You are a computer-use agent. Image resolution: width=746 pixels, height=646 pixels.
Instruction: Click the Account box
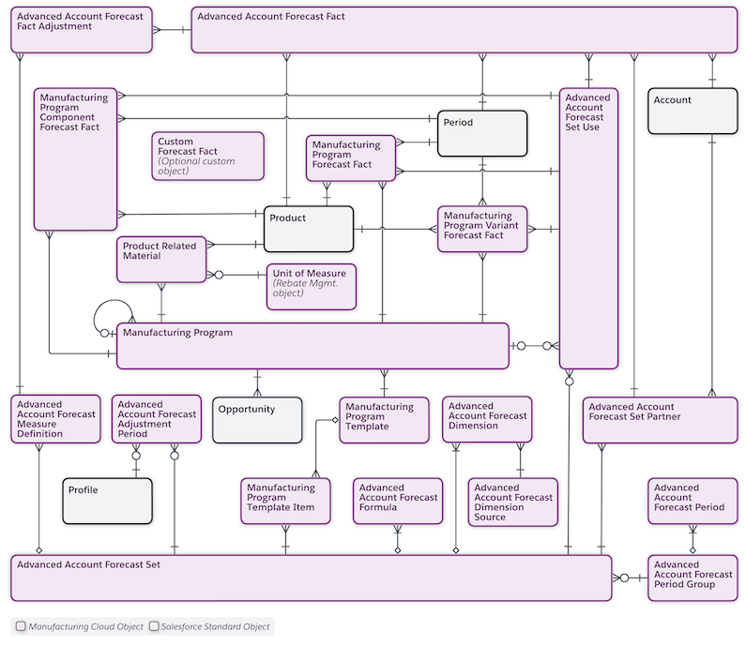click(693, 111)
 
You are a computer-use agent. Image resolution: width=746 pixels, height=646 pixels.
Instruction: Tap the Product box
click(308, 229)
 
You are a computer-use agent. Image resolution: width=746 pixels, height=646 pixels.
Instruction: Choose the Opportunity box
click(257, 419)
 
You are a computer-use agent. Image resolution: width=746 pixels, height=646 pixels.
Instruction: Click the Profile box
click(107, 501)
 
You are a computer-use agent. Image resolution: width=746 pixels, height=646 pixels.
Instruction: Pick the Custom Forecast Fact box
click(207, 156)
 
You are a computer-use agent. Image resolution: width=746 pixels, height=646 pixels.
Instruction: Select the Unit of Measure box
click(312, 286)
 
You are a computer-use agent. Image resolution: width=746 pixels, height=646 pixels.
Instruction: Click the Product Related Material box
click(160, 259)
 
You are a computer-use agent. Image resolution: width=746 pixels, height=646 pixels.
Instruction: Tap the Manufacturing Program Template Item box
click(287, 501)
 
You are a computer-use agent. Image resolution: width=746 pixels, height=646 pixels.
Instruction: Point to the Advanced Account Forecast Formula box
click(398, 501)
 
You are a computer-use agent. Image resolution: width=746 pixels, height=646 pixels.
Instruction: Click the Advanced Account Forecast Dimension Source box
click(512, 502)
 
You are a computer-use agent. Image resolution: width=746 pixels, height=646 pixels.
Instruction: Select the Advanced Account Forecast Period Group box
click(693, 578)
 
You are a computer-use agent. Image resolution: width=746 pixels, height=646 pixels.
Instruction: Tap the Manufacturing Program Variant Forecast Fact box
click(482, 229)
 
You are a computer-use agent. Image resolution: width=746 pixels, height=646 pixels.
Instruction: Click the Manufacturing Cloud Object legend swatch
click(21, 626)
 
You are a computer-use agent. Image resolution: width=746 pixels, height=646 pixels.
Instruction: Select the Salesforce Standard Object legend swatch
click(153, 626)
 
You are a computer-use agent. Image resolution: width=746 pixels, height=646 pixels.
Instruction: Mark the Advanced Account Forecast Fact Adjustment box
click(82, 30)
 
